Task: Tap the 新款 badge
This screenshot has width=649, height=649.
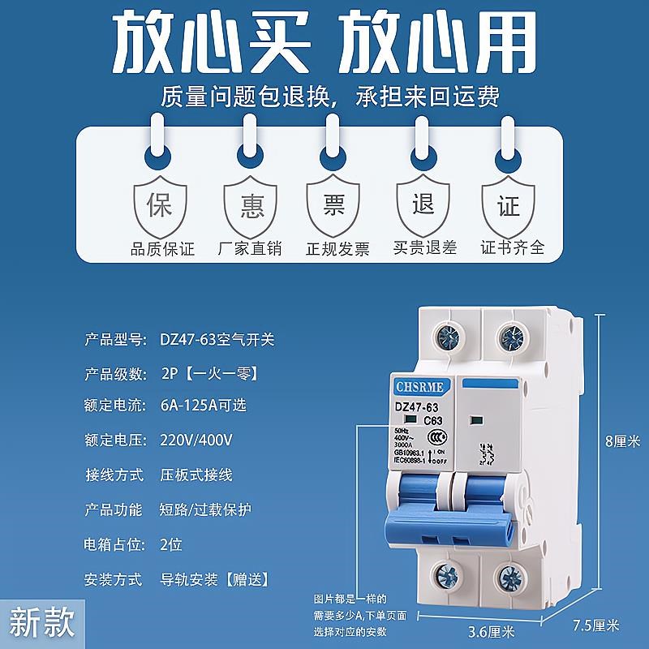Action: (x=41, y=623)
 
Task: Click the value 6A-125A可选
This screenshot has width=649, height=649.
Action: (x=203, y=402)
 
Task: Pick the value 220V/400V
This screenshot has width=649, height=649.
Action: (x=197, y=441)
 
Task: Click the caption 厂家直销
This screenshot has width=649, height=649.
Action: (x=250, y=249)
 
